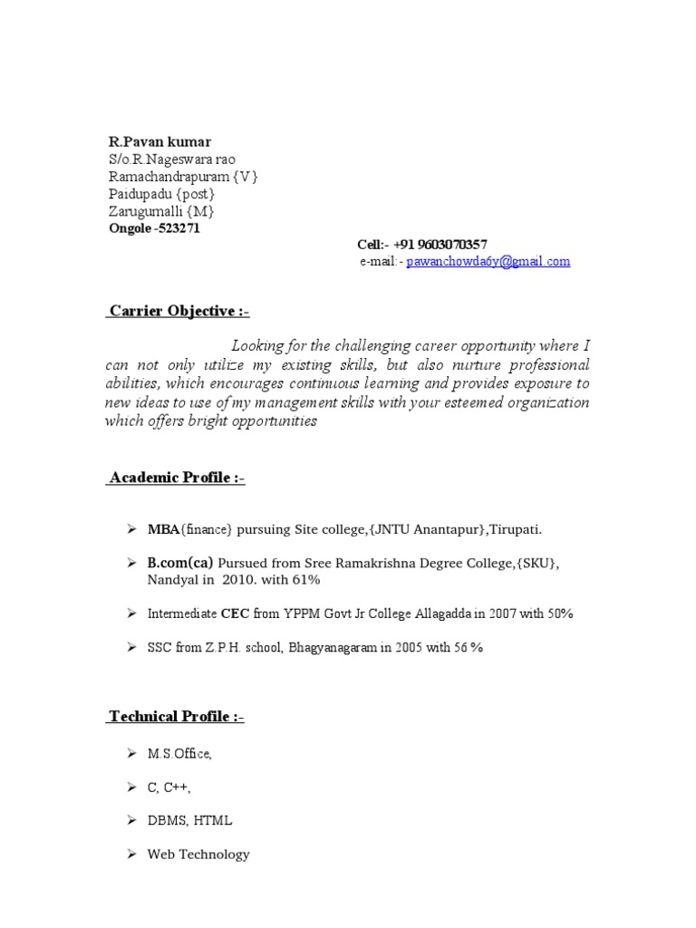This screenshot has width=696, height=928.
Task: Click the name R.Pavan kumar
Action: coord(159,142)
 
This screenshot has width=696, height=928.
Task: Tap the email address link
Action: coord(488,261)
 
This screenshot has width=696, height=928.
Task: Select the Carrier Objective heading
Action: coord(179,312)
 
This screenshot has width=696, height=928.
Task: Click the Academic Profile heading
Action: coord(177,478)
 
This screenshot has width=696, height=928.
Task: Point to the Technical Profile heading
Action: coord(177,717)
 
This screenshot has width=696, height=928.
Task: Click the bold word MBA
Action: coord(163,528)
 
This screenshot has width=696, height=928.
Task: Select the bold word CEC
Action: coord(236,614)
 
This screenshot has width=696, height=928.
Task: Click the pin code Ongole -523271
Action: coord(155,228)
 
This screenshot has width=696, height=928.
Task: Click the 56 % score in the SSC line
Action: coord(464,648)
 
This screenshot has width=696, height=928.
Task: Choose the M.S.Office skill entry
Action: coord(179,753)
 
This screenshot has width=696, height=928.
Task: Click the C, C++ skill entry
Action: coord(169,787)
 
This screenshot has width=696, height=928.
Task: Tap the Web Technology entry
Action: coord(198,854)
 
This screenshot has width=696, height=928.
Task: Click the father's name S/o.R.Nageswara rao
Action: coord(172,159)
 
